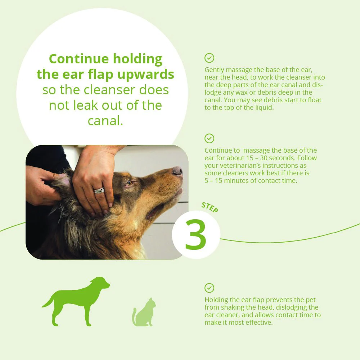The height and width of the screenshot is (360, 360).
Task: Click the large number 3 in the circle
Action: click(x=195, y=234)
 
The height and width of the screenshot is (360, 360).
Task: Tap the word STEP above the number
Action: click(x=210, y=207)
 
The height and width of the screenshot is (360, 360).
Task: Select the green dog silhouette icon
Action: click(x=76, y=301)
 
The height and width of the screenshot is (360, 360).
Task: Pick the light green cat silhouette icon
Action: click(x=144, y=312)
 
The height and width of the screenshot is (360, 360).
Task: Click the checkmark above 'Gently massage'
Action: click(x=209, y=58)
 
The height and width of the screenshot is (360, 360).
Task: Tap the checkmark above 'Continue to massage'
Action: click(x=209, y=139)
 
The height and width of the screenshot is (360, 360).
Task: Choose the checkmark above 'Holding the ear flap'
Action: click(x=209, y=288)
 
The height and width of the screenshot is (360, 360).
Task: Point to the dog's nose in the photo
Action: click(x=177, y=171)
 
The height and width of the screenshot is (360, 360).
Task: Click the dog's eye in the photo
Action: click(x=130, y=183)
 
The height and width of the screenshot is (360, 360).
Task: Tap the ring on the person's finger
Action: click(x=99, y=190)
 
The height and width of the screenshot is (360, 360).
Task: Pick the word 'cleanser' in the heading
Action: click(x=110, y=90)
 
